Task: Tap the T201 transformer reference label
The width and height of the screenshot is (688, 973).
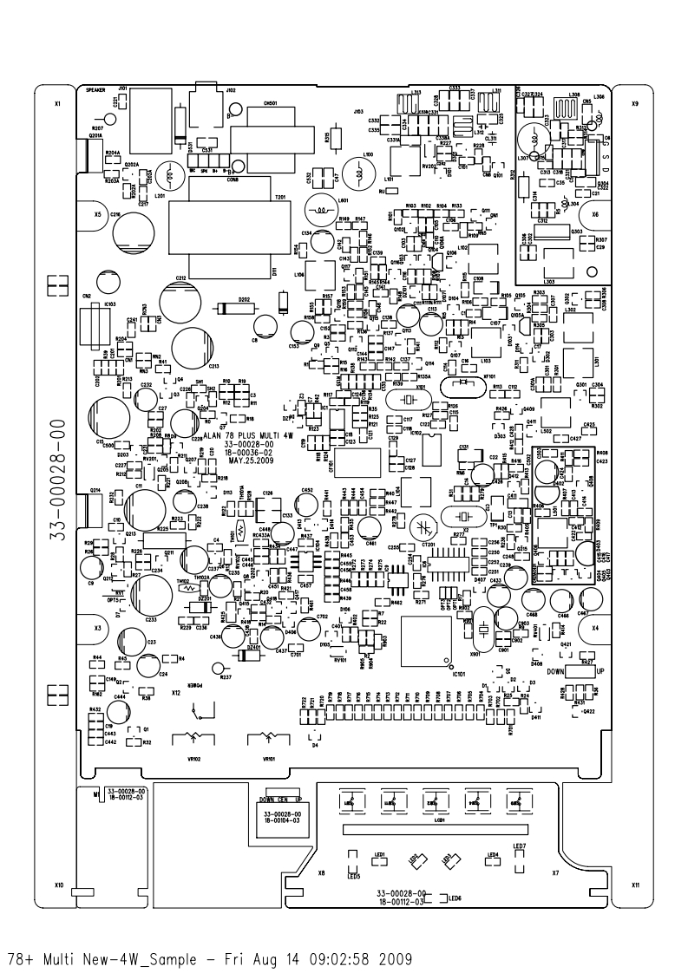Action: (x=279, y=197)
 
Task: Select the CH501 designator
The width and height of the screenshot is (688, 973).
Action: (x=270, y=103)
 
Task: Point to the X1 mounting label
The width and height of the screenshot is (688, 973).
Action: (x=58, y=104)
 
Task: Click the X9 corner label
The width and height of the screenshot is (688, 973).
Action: (x=634, y=104)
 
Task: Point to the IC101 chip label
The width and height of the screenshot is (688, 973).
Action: (x=460, y=672)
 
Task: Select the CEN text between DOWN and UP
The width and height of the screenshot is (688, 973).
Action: (x=283, y=799)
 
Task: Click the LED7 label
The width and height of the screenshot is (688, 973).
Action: (x=520, y=846)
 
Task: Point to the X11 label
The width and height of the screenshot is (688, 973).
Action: (x=635, y=885)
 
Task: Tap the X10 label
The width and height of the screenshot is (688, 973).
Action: (x=58, y=885)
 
